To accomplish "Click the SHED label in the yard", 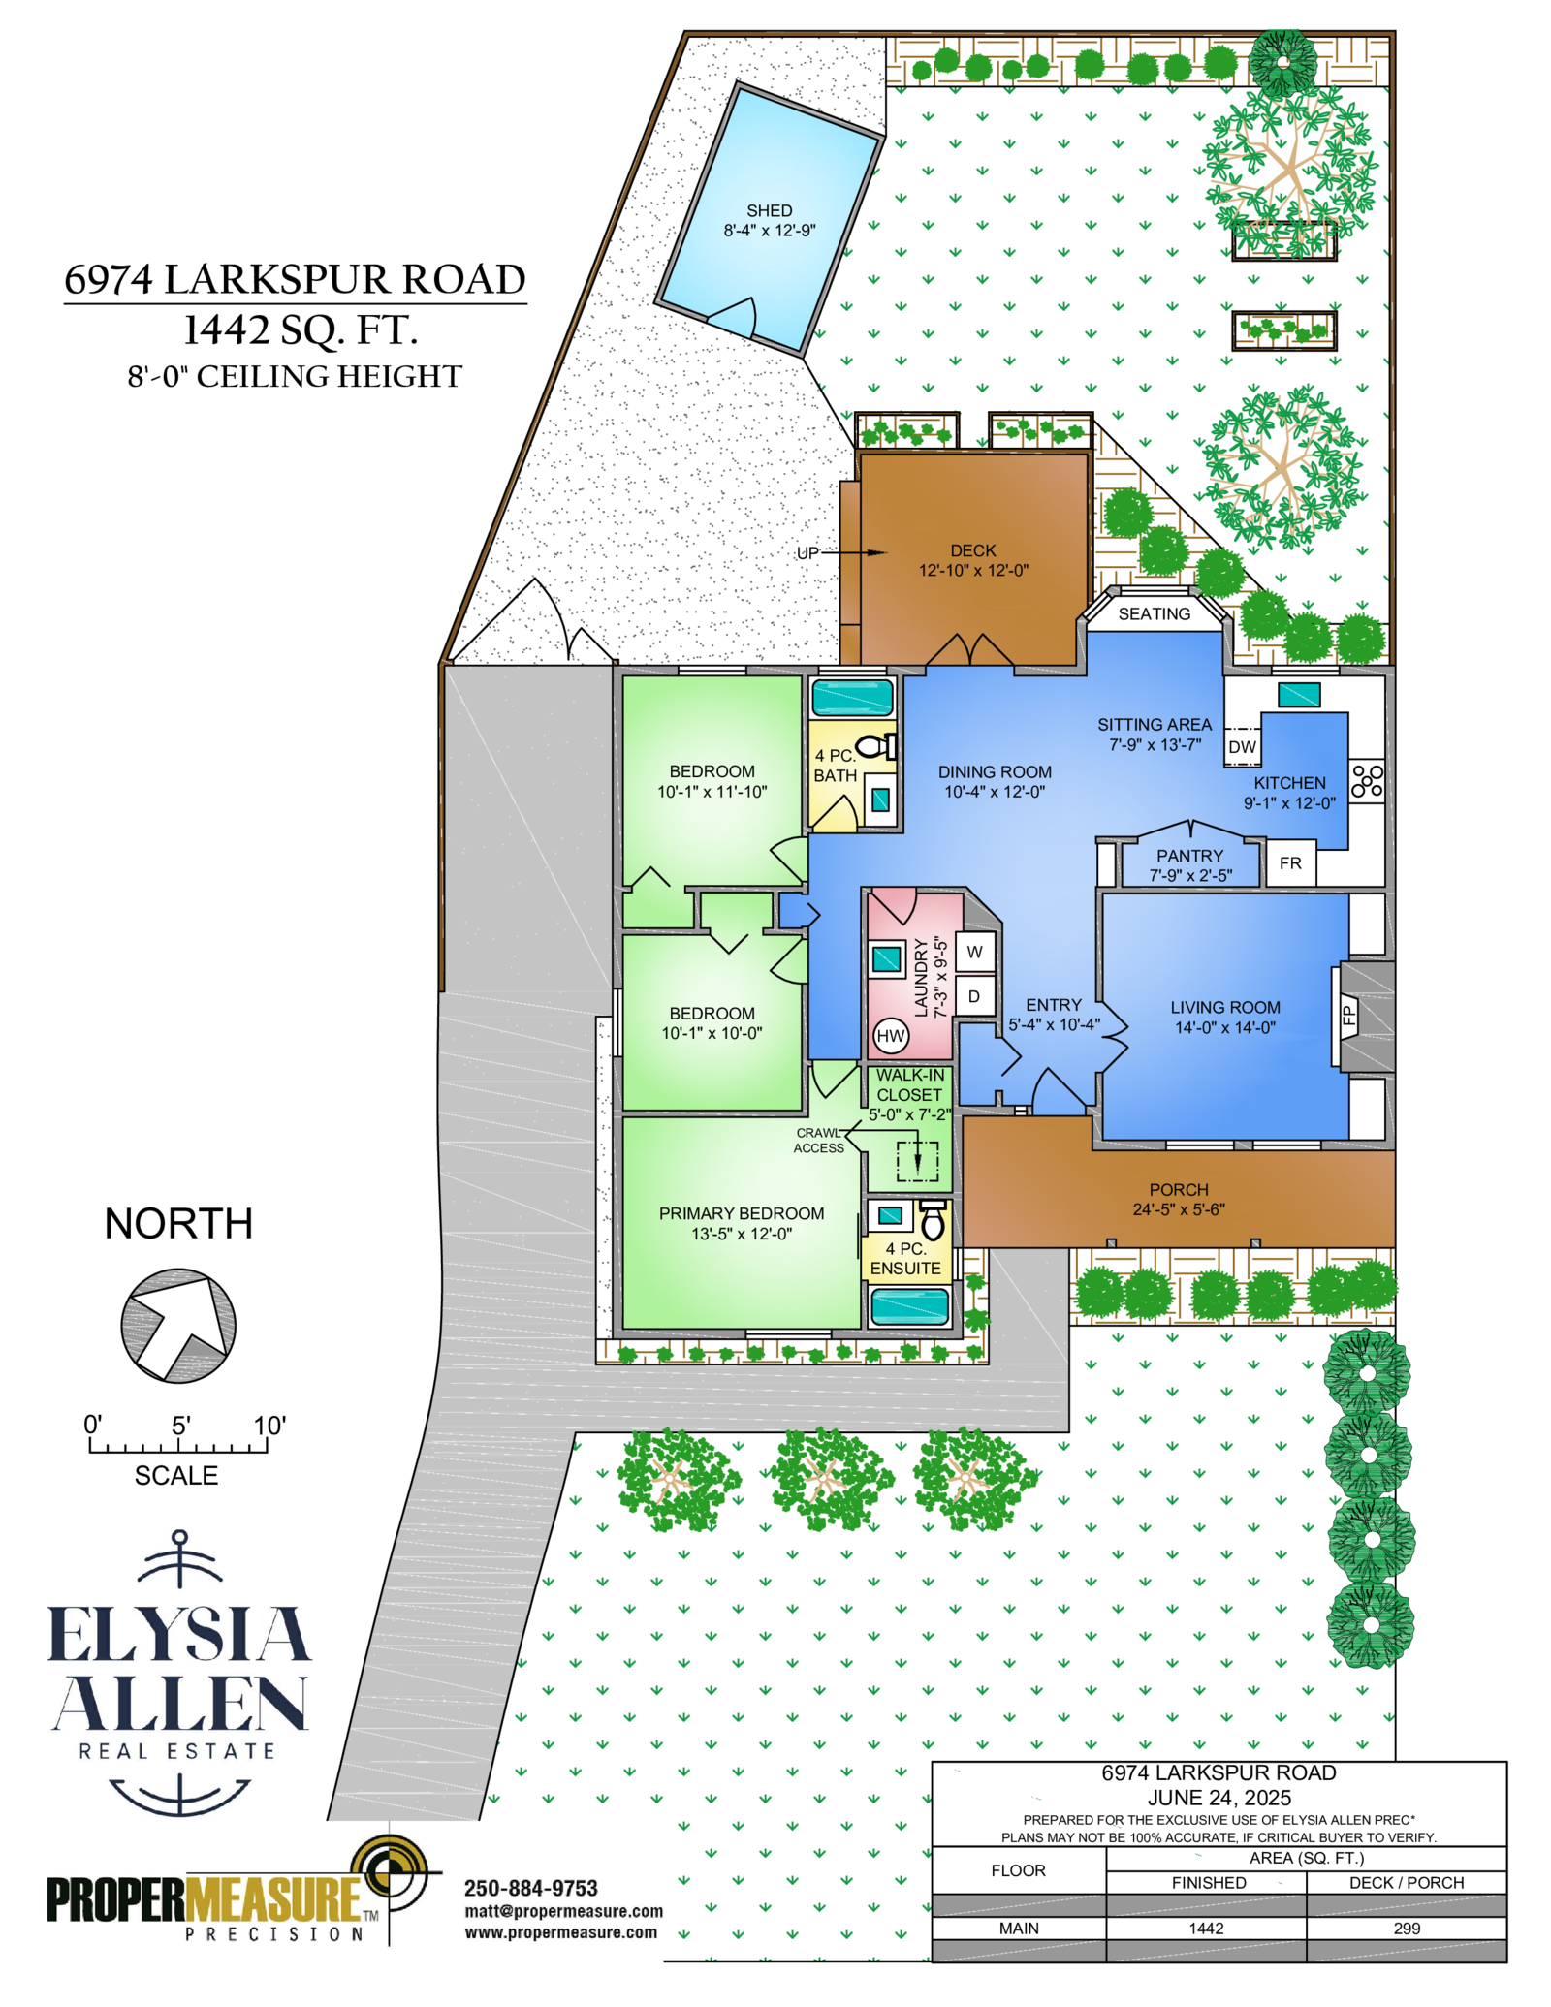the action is pyautogui.click(x=769, y=210).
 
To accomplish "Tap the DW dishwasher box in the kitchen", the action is pyautogui.click(x=1242, y=746).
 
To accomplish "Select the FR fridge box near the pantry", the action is pyautogui.click(x=1290, y=862).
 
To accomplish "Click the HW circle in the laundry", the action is pyautogui.click(x=890, y=1035).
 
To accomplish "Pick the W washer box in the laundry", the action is pyautogui.click(x=974, y=952).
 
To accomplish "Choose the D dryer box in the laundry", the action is pyautogui.click(x=974, y=996).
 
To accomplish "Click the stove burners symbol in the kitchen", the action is pyautogui.click(x=1367, y=780).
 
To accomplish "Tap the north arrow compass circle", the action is pyautogui.click(x=178, y=1324).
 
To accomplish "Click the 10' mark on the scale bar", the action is pyautogui.click(x=269, y=1426).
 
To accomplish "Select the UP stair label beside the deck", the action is pyautogui.click(x=807, y=553).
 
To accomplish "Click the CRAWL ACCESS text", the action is pyautogui.click(x=819, y=1140).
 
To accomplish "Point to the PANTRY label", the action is pyautogui.click(x=1189, y=856).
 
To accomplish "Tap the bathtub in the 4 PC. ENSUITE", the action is pyautogui.click(x=909, y=1305).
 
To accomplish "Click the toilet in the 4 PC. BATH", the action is pyautogui.click(x=878, y=747).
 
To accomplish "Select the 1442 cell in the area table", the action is pyautogui.click(x=1206, y=1928).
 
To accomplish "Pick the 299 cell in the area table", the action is pyautogui.click(x=1407, y=1928).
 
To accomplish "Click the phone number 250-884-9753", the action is pyautogui.click(x=530, y=1888).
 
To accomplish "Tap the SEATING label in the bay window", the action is pyautogui.click(x=1154, y=614).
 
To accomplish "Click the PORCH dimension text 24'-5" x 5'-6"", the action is pyautogui.click(x=1179, y=1209).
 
